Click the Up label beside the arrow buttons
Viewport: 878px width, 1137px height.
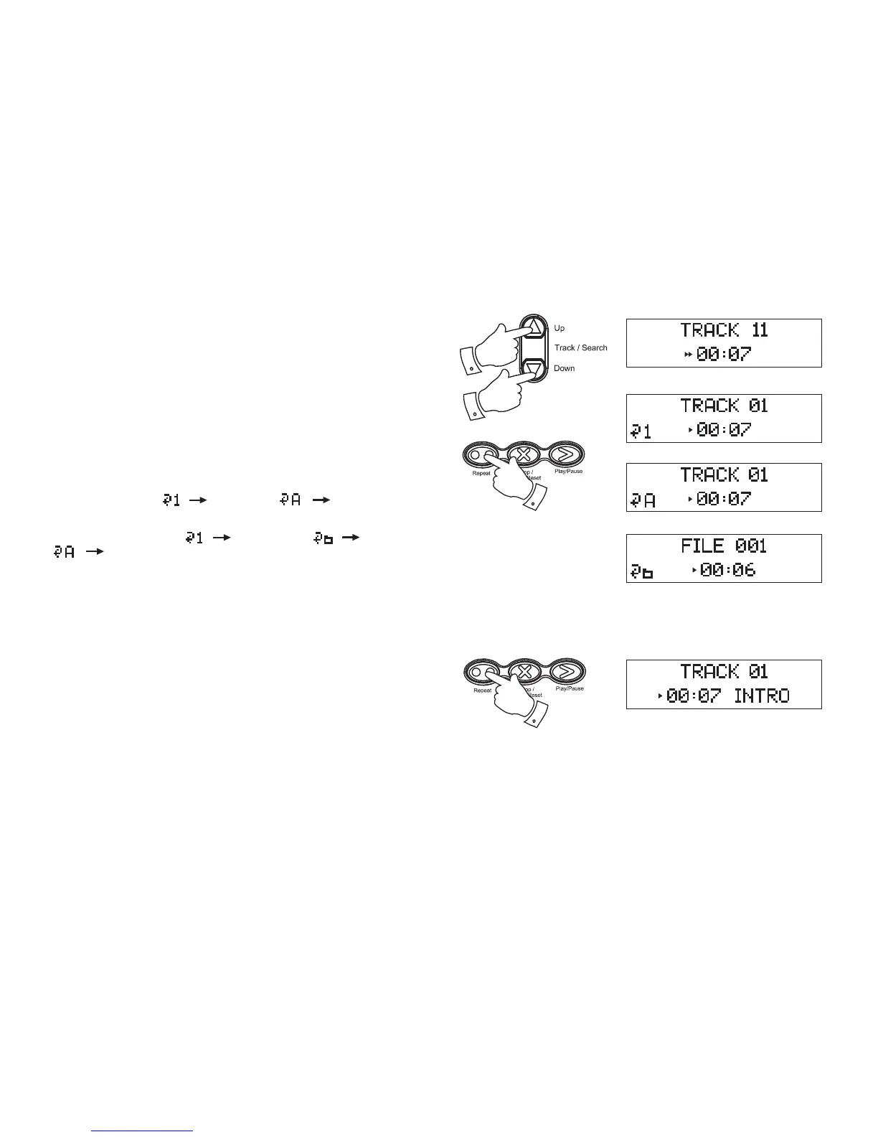coord(560,328)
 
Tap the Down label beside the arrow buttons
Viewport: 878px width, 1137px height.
coord(564,368)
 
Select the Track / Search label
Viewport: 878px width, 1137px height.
coord(580,348)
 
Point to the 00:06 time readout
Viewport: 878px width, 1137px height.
coord(728,570)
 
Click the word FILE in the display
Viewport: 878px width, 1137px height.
coord(702,546)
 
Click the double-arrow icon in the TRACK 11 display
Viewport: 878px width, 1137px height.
coord(688,355)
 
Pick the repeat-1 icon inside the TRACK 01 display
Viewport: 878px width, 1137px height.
coord(641,431)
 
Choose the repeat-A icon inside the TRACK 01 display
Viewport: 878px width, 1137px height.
coord(642,500)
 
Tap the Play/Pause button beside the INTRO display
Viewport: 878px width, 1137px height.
coord(567,671)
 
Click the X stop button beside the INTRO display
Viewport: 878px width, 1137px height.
coord(525,672)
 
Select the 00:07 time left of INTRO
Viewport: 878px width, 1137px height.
coord(694,696)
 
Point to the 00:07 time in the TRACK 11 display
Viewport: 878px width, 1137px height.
coord(723,354)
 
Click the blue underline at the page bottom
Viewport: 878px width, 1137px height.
coord(143,1131)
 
